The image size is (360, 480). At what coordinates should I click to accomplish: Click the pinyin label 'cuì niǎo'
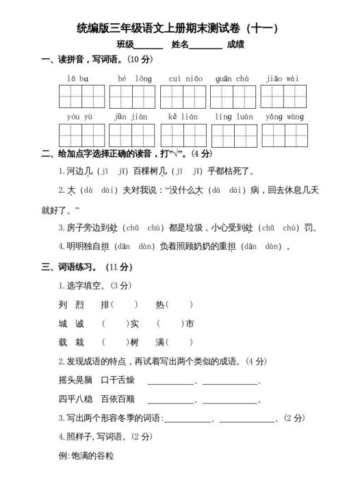click(x=185, y=79)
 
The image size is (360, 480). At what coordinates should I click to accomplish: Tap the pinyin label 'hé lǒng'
click(x=135, y=79)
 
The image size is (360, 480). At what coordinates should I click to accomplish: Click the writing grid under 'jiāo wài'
click(x=283, y=96)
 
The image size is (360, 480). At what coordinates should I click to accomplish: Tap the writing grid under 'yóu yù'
click(x=82, y=135)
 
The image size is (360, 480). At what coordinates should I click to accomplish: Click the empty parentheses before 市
click(x=169, y=323)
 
